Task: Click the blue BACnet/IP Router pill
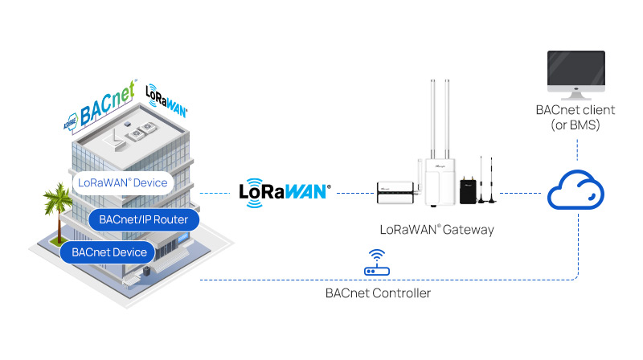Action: tap(143, 219)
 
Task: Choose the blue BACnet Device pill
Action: tap(109, 252)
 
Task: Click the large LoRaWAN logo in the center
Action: tap(285, 193)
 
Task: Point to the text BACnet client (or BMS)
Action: tap(577, 117)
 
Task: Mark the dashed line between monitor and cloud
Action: tap(577, 153)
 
